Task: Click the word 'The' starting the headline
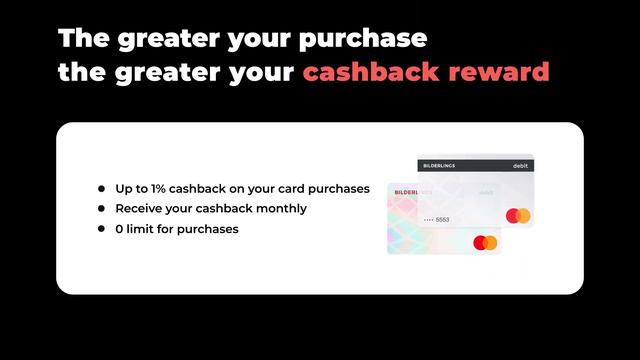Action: click(83, 39)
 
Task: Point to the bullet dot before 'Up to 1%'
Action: click(102, 188)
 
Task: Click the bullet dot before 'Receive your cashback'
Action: click(102, 209)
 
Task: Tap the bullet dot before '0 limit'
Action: click(102, 229)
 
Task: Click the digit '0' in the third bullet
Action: click(120, 229)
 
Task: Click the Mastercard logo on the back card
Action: click(518, 216)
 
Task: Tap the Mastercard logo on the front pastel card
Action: click(485, 242)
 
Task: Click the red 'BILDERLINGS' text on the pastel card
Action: click(413, 190)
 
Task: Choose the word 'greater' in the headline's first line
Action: click(162, 40)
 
